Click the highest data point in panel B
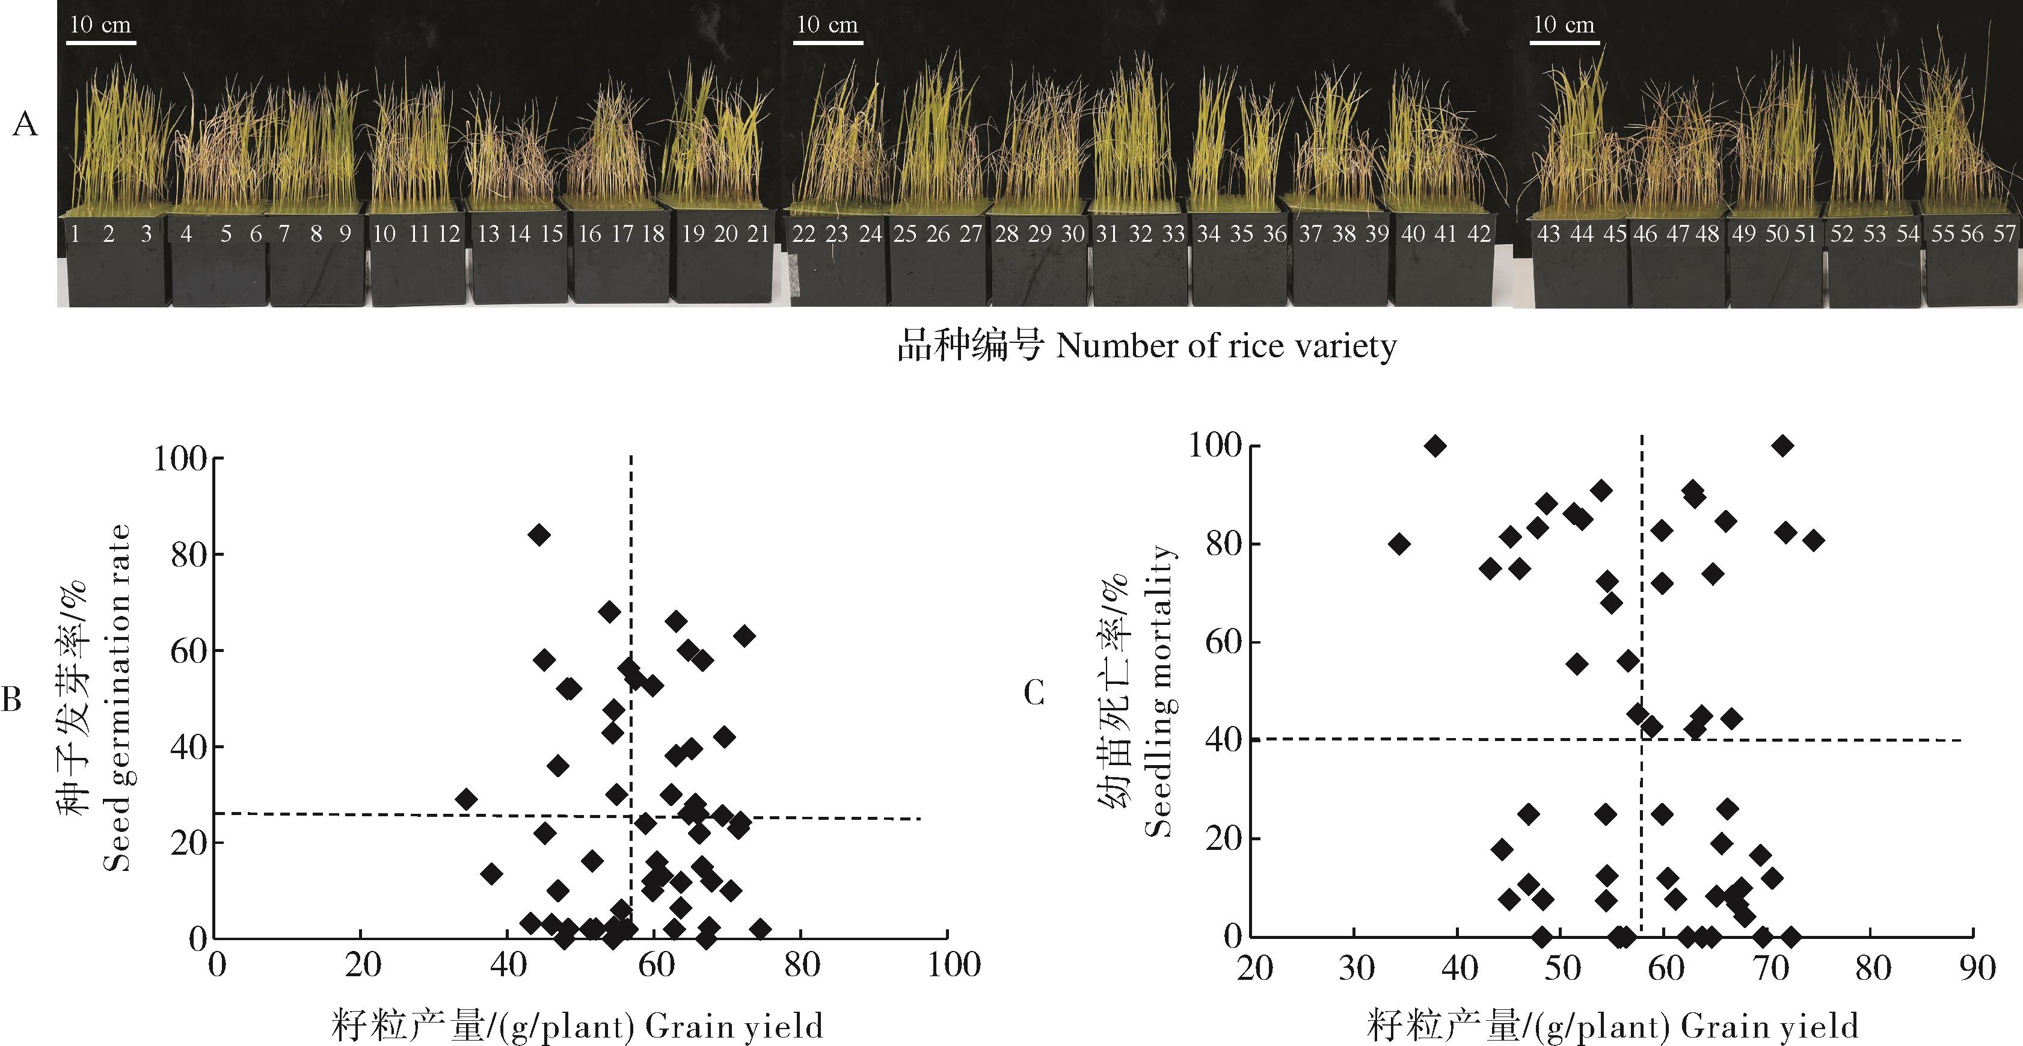[539, 535]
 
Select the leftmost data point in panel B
[467, 799]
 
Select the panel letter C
[1034, 693]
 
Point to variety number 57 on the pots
[2005, 234]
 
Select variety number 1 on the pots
[75, 234]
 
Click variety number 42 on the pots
[1479, 234]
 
